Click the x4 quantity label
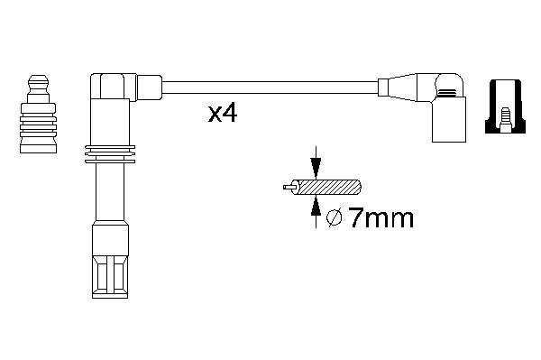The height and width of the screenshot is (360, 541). pos(223,114)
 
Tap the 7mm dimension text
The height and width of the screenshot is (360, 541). pos(381,218)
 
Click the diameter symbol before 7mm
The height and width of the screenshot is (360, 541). pos(334,218)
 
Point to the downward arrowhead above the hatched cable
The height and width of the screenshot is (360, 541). pos(316,168)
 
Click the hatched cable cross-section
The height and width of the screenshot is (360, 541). pos(327,188)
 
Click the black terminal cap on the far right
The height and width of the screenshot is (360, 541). pos(506,106)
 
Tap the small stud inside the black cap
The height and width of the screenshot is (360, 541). pos(505,120)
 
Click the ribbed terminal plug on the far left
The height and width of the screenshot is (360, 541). pos(38,114)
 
